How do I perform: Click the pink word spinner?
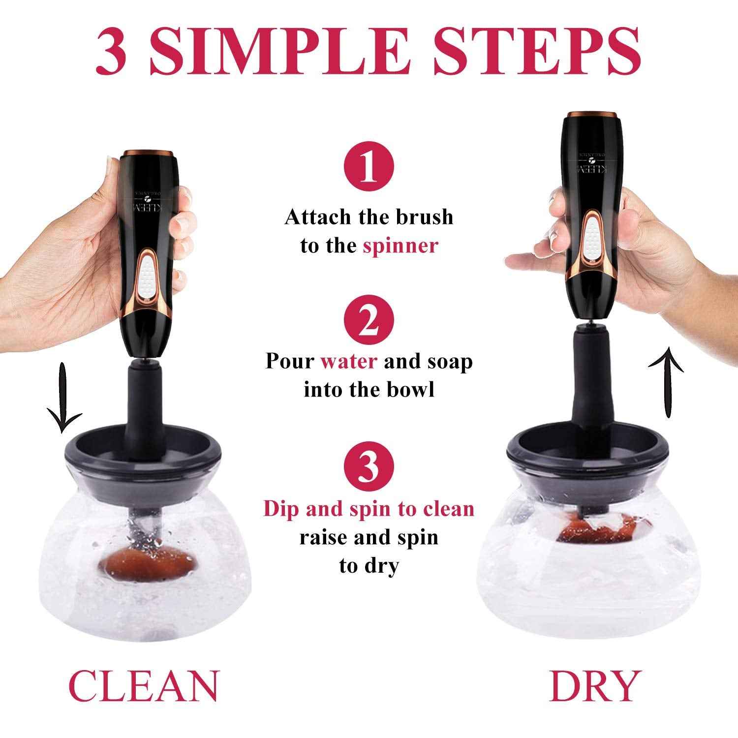point(400,246)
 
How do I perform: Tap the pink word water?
point(349,362)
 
